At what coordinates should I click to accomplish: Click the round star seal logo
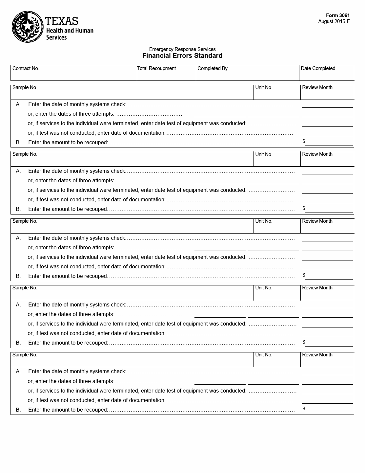pyautogui.click(x=28, y=27)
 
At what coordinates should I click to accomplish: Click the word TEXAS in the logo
pyautogui.click(x=62, y=21)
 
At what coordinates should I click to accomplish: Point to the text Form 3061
pyautogui.click(x=338, y=15)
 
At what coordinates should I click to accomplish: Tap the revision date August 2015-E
pyautogui.click(x=334, y=21)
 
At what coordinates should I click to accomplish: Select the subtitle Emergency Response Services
pyautogui.click(x=182, y=49)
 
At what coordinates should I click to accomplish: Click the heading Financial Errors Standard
pyautogui.click(x=182, y=56)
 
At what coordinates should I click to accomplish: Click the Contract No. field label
pyautogui.click(x=26, y=68)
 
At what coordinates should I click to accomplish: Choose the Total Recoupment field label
pyautogui.click(x=156, y=68)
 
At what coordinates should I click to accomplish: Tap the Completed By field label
pyautogui.click(x=213, y=68)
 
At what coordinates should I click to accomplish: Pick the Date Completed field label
pyautogui.click(x=318, y=68)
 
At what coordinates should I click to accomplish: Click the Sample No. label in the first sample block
pyautogui.click(x=25, y=87)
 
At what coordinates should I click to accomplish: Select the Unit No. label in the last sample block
pyautogui.click(x=264, y=355)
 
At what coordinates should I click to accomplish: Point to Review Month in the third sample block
pyautogui.click(x=317, y=221)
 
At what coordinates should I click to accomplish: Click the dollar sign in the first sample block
pyautogui.click(x=304, y=141)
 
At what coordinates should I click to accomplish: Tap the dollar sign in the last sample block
pyautogui.click(x=304, y=409)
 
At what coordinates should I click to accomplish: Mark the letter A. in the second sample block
pyautogui.click(x=18, y=171)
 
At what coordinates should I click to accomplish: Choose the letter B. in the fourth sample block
pyautogui.click(x=18, y=343)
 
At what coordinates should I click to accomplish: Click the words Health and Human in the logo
pyautogui.click(x=70, y=31)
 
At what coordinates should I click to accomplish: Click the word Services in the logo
pyautogui.click(x=56, y=37)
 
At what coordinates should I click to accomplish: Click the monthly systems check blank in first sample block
pyautogui.click(x=327, y=104)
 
